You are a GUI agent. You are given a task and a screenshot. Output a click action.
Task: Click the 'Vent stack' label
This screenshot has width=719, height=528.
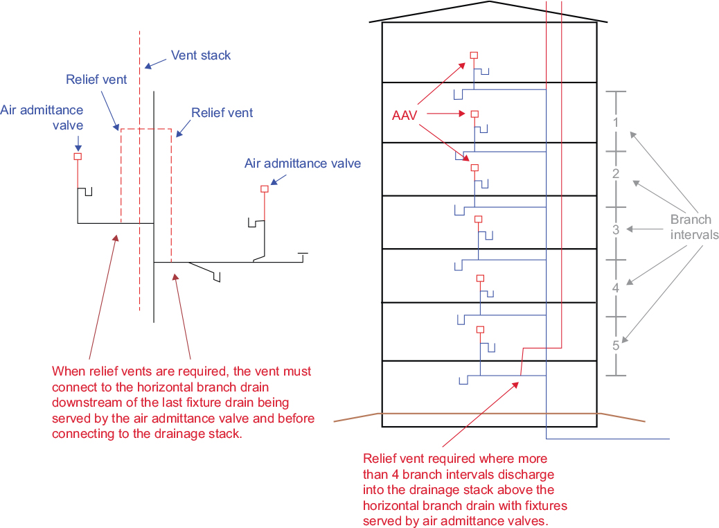pyautogui.click(x=201, y=55)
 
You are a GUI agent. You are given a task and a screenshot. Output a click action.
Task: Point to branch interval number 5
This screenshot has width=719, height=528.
pyautogui.click(x=615, y=345)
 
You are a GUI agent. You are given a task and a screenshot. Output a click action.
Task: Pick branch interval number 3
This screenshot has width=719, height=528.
pyautogui.click(x=615, y=229)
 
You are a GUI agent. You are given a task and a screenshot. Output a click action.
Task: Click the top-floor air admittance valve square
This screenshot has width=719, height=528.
pyautogui.click(x=474, y=55)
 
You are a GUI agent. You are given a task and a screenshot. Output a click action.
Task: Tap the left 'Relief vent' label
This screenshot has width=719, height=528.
pyautogui.click(x=96, y=80)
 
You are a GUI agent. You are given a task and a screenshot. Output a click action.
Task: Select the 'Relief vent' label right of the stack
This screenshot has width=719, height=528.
pyautogui.click(x=222, y=112)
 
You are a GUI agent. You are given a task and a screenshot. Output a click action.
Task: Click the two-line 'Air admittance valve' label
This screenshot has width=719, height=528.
pyautogui.click(x=42, y=117)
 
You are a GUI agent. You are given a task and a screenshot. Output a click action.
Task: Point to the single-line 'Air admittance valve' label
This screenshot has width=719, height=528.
pyautogui.click(x=303, y=164)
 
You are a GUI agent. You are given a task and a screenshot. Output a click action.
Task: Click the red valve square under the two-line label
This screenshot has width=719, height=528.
pyautogui.click(x=78, y=157)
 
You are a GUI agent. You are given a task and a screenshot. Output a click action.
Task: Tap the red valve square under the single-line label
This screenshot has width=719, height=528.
pyautogui.click(x=264, y=188)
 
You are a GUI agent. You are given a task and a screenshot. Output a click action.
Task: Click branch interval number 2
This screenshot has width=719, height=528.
pyautogui.click(x=615, y=174)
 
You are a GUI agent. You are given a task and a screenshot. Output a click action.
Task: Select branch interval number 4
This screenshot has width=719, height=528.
pyautogui.click(x=615, y=288)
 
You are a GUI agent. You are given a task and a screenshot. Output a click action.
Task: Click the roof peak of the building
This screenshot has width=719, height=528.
pyautogui.click(x=490, y=2)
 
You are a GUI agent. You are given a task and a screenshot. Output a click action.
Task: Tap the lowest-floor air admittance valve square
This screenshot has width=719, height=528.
pyautogui.click(x=481, y=330)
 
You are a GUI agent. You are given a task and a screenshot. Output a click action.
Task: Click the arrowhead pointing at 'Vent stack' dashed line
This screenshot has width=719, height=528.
pyautogui.click(x=148, y=67)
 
